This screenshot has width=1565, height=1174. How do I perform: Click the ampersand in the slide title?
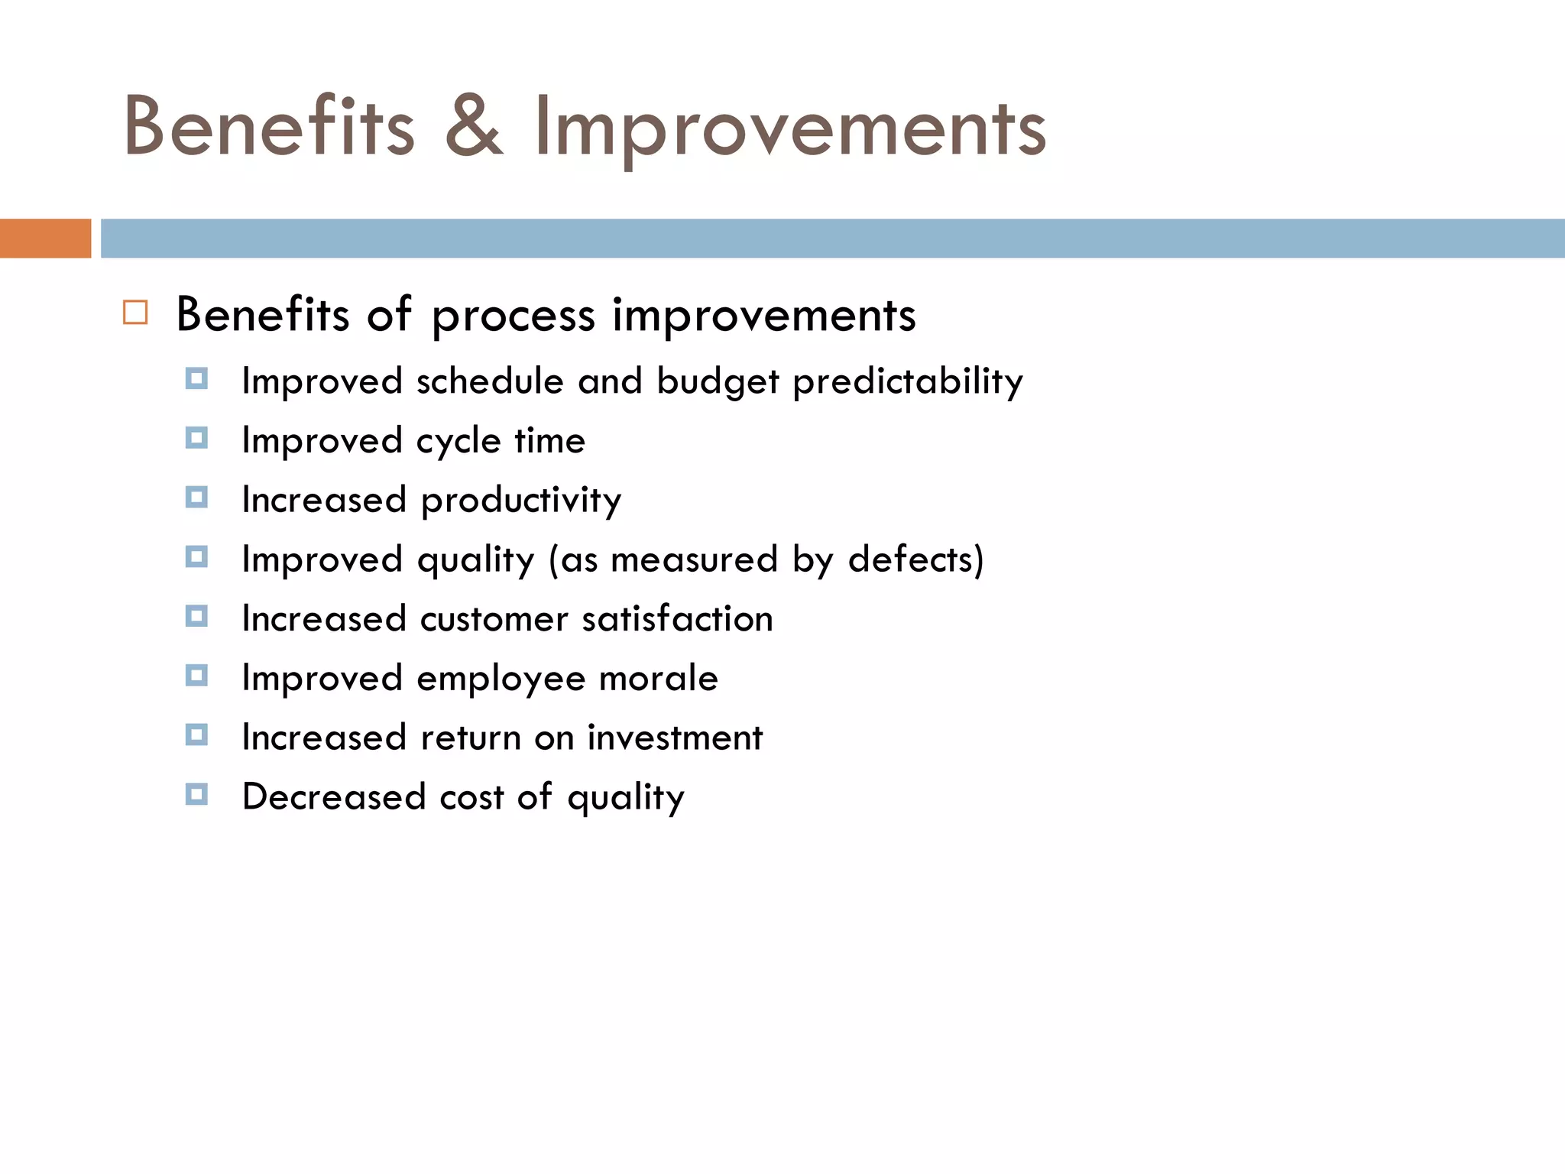click(474, 128)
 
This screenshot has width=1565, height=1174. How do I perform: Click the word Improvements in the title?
click(789, 128)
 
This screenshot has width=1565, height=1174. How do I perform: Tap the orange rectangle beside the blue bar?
click(45, 238)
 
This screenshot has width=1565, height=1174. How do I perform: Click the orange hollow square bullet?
click(135, 313)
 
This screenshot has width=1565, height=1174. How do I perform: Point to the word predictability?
click(907, 381)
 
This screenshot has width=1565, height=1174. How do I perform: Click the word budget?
click(718, 381)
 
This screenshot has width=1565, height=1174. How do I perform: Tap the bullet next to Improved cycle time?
click(196, 438)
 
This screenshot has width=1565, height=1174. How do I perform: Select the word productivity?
click(521, 501)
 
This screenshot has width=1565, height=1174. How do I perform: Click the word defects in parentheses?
click(909, 559)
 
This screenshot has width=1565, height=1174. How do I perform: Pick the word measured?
click(694, 559)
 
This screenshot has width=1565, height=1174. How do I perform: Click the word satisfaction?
click(677, 618)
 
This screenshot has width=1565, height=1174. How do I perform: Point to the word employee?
click(501, 679)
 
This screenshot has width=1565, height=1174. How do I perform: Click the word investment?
click(675, 738)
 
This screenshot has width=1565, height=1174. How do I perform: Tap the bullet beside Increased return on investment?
click(196, 735)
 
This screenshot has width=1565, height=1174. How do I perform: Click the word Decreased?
click(333, 796)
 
